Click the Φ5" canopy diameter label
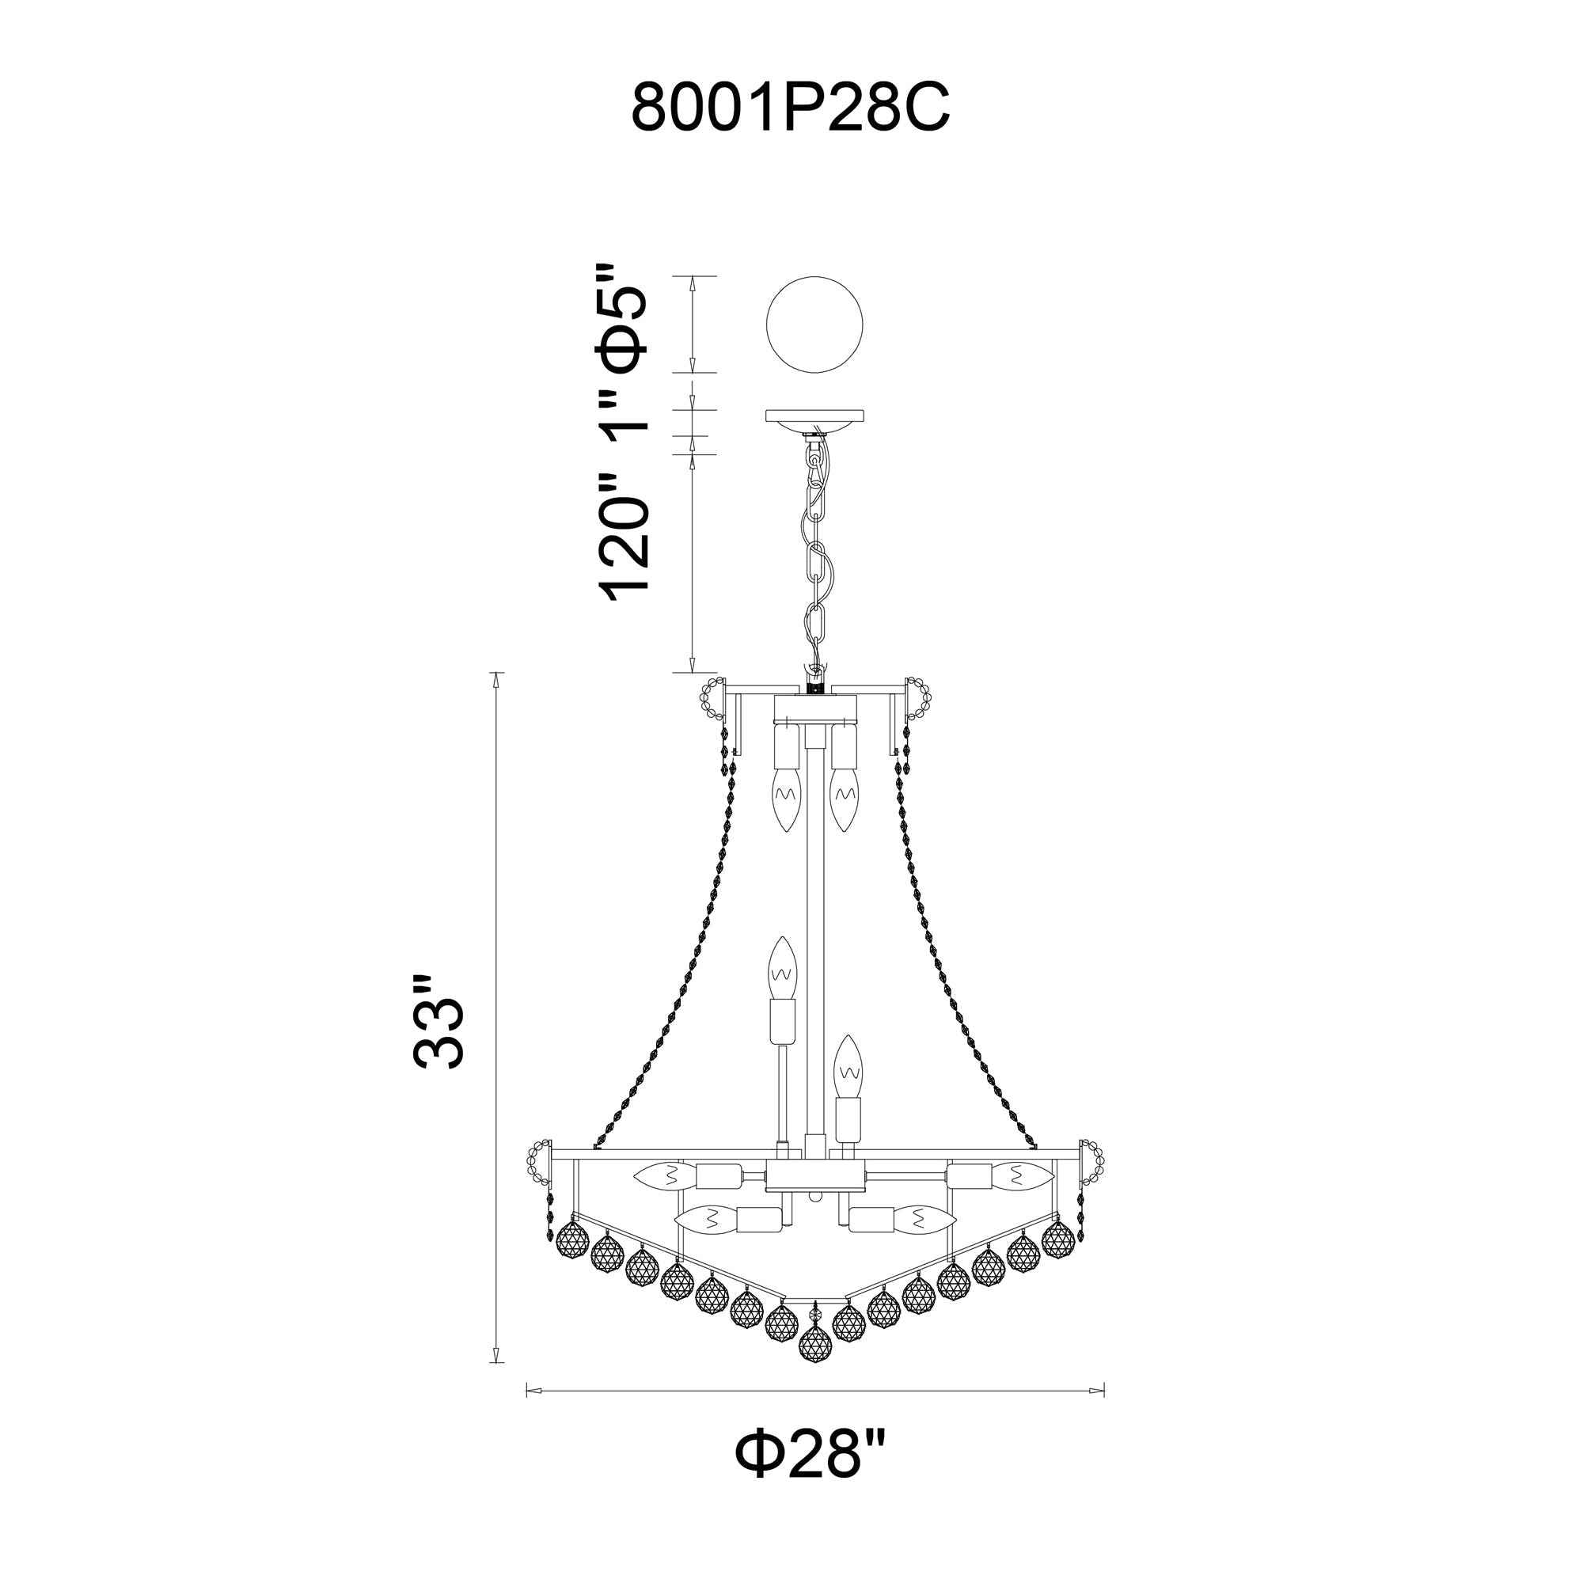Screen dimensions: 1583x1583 [x=624, y=320]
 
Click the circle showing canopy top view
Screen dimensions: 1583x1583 [x=814, y=325]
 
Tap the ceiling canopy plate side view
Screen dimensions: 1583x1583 [x=814, y=416]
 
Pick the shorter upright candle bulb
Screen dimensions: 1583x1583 [x=848, y=1066]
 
